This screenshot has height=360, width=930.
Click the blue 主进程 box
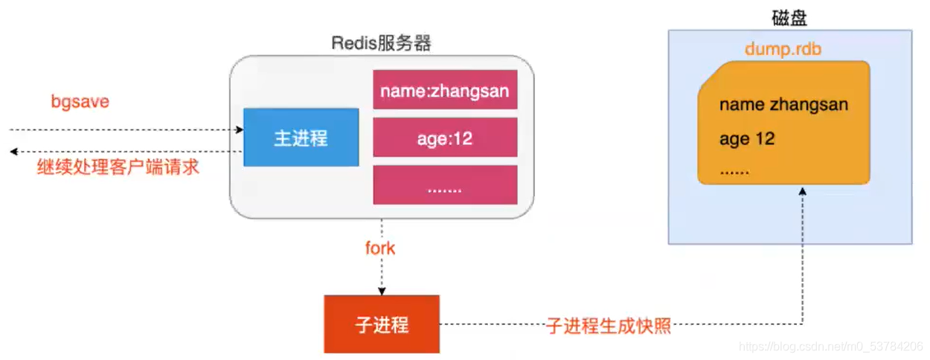tap(301, 138)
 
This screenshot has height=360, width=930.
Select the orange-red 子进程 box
tap(381, 324)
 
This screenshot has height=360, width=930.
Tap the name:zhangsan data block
tap(444, 91)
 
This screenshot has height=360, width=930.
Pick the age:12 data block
tap(444, 138)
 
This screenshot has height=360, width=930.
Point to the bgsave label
tap(80, 102)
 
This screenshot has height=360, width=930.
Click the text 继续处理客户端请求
tap(118, 167)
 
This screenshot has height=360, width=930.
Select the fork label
tap(380, 248)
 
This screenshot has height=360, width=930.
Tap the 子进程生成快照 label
tap(608, 325)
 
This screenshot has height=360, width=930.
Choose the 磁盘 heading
tap(789, 18)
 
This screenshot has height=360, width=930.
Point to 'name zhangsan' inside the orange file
tap(783, 104)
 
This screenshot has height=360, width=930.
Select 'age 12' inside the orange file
tap(746, 139)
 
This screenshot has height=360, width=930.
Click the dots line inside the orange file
tap(734, 171)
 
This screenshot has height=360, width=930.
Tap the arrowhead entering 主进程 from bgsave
tap(240, 129)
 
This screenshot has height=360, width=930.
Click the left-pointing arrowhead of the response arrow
tap(13, 152)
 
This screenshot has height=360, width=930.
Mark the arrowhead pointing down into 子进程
tap(381, 290)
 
